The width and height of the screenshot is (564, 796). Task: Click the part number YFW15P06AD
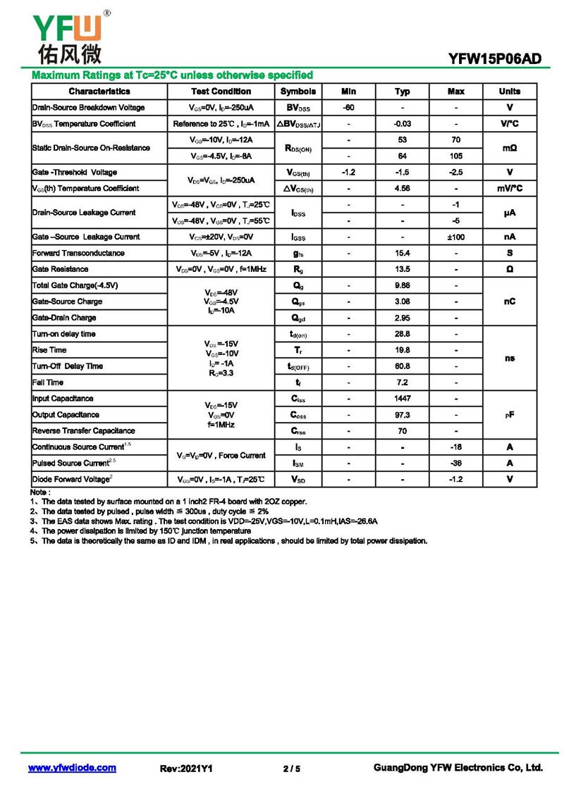pos(494,59)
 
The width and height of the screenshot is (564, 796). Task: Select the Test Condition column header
pos(221,92)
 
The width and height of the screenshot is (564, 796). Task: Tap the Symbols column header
pos(298,92)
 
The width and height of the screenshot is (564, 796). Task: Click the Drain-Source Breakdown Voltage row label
pos(89,108)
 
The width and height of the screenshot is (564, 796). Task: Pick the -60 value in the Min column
pos(348,108)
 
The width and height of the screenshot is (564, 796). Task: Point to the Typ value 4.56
pos(403,189)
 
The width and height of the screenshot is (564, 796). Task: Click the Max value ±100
pos(456,237)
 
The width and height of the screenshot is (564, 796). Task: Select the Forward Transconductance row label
pos(79,254)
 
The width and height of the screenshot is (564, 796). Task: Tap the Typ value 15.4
pos(403,254)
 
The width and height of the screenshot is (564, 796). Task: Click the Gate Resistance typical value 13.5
pos(403,270)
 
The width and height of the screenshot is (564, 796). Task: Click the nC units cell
pos(509,301)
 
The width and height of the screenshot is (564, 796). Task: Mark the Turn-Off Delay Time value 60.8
pos(403,366)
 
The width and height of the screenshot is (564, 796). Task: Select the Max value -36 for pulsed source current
pos(456,464)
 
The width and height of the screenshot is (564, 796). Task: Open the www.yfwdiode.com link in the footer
pos(72,768)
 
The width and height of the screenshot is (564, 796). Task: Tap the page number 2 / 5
pos(291,769)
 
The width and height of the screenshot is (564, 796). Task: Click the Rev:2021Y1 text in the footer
pos(187,769)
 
